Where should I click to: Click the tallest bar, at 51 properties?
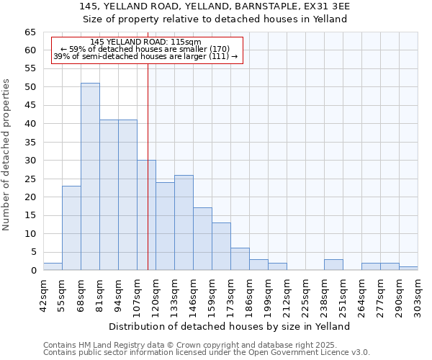(90, 176)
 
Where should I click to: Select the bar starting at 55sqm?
(71, 228)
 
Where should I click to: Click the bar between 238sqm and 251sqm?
(333, 264)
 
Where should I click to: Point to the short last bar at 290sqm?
(408, 269)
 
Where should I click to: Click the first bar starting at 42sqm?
(53, 266)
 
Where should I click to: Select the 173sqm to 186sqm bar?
(240, 259)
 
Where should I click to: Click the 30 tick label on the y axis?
(30, 161)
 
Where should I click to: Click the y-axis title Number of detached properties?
(7, 155)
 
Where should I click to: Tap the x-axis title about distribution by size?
(230, 326)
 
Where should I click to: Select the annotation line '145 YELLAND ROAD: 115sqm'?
(147, 42)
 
